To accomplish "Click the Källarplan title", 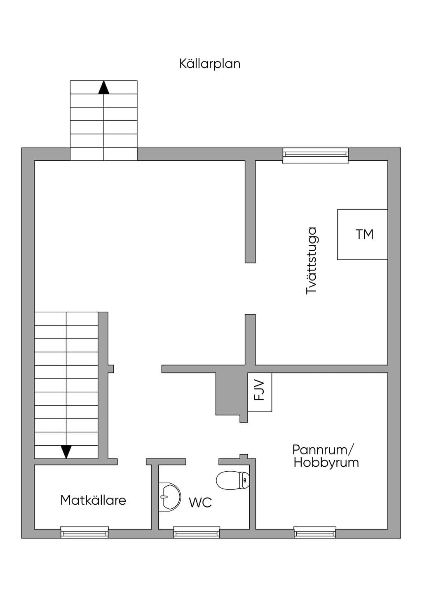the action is click(x=210, y=64).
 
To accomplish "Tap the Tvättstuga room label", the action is click(x=311, y=261).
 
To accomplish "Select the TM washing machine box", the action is click(x=362, y=234).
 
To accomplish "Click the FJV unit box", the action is click(x=260, y=392).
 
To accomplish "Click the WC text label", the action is click(x=200, y=503).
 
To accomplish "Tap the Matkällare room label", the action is click(x=93, y=500).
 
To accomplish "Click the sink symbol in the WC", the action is click(x=170, y=497).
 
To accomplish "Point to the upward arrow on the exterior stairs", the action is click(x=103, y=87).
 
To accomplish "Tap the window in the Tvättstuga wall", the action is click(x=315, y=155).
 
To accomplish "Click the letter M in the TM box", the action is click(x=369, y=234).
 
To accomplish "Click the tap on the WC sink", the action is click(x=164, y=496).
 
